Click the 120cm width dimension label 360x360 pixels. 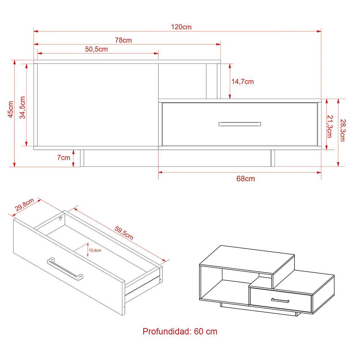point(181,27)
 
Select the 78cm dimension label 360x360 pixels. point(123,40)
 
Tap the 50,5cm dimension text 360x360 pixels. point(96,50)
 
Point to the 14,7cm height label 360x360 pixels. point(242,82)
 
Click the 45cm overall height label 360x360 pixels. point(11,109)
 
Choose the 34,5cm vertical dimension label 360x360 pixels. point(22,107)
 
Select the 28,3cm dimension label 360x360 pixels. point(342,130)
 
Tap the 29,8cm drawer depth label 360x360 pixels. point(24,205)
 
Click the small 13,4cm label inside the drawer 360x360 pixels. point(95,250)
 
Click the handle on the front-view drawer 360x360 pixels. point(239,124)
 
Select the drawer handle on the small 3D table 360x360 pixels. point(280,300)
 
